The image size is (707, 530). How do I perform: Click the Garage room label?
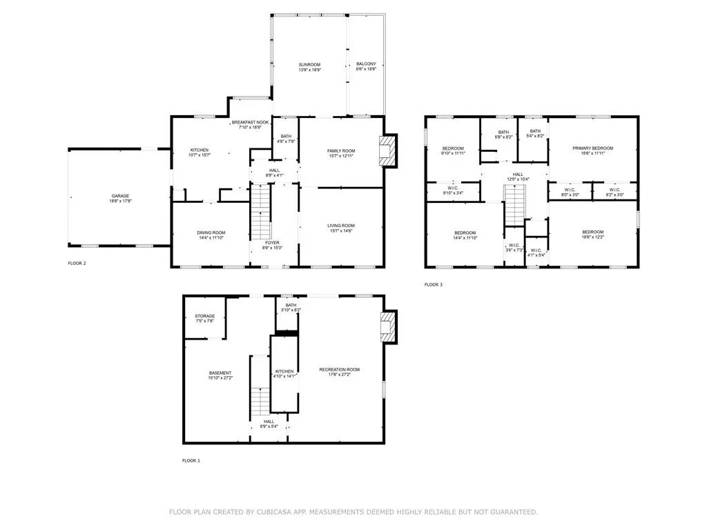tap(119, 195)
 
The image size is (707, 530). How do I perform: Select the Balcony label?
tap(366, 63)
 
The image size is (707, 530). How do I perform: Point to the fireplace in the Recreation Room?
tap(390, 326)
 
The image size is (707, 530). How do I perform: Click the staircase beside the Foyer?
tap(260, 213)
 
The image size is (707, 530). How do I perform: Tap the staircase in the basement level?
tap(260, 400)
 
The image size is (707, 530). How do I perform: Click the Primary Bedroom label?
tap(592, 148)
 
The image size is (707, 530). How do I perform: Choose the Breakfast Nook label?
tap(250, 122)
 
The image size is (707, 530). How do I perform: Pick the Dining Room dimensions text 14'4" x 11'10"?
tap(211, 238)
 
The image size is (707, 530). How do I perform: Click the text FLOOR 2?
tap(77, 264)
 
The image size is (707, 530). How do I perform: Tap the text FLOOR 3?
tap(433, 284)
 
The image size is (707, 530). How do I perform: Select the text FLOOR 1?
tap(191, 460)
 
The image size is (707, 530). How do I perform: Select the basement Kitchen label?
tap(284, 371)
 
